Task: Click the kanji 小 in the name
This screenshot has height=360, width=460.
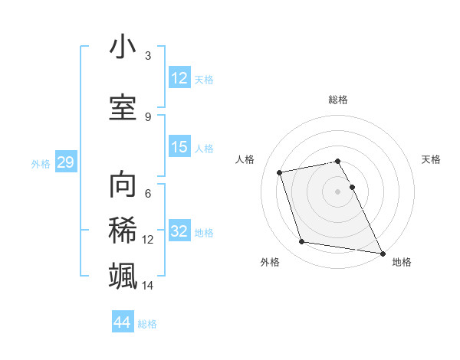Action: pyautogui.click(x=123, y=47)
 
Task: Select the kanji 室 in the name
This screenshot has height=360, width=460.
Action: pyautogui.click(x=123, y=107)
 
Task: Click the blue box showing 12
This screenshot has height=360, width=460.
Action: pyautogui.click(x=179, y=77)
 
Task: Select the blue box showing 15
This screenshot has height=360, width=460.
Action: pyautogui.click(x=179, y=147)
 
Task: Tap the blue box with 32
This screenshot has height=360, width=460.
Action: pyautogui.click(x=179, y=231)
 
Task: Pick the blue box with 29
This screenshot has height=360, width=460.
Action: pyautogui.click(x=65, y=162)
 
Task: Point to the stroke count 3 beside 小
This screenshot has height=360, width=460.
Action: pyautogui.click(x=148, y=56)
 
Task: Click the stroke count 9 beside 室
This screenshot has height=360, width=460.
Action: pyautogui.click(x=148, y=116)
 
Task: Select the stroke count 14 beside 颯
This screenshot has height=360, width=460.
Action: pyautogui.click(x=148, y=286)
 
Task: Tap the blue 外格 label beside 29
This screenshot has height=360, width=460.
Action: pyautogui.click(x=41, y=163)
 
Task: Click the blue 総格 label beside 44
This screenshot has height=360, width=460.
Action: pyautogui.click(x=147, y=324)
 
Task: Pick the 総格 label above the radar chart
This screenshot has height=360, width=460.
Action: pyautogui.click(x=338, y=100)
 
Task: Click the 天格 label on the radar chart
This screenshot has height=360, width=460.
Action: pyautogui.click(x=432, y=159)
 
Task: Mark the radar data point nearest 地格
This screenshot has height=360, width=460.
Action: pyautogui.click(x=383, y=253)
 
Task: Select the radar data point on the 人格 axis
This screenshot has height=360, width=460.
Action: pyautogui.click(x=280, y=172)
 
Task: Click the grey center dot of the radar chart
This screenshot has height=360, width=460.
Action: pyautogui.click(x=338, y=191)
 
